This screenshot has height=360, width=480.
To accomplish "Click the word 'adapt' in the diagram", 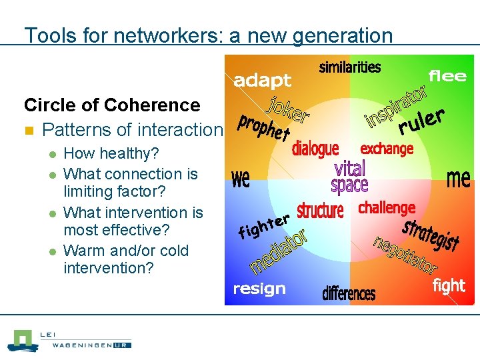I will click(262, 81).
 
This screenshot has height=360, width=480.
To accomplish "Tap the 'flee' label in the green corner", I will click(447, 75).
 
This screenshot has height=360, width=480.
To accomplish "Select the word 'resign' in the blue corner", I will click(259, 289).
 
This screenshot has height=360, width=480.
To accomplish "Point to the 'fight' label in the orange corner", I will click(449, 286).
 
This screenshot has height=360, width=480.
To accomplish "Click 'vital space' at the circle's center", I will click(350, 176).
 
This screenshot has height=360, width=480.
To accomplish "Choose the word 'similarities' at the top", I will click(350, 67).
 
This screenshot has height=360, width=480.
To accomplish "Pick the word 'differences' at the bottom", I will click(349, 293).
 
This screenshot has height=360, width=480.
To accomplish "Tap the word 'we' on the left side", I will click(241, 179).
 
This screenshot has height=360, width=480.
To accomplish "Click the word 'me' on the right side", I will click(458, 178).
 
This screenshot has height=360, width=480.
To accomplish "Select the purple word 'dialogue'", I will click(315, 148).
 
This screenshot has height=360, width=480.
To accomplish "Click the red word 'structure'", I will click(320, 211).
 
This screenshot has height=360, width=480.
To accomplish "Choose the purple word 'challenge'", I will click(387, 207).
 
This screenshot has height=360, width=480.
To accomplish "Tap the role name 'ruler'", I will click(421, 121).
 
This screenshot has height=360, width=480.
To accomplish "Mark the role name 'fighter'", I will click(264, 225).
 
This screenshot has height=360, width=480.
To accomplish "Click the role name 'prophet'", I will click(264, 127).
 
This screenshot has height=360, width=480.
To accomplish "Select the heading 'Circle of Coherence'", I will click(112, 105).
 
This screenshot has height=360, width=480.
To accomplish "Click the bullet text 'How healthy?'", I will click(111, 153).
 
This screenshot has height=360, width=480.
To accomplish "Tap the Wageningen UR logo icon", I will click(23, 340).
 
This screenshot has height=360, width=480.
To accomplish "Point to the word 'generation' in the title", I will click(335, 35).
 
